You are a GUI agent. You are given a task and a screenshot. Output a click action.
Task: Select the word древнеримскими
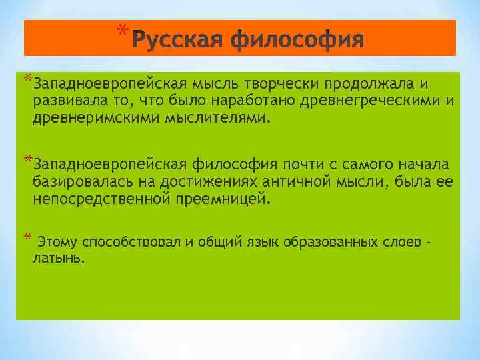(x=87, y=119)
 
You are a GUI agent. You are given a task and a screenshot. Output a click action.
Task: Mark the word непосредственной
(x=98, y=199)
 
